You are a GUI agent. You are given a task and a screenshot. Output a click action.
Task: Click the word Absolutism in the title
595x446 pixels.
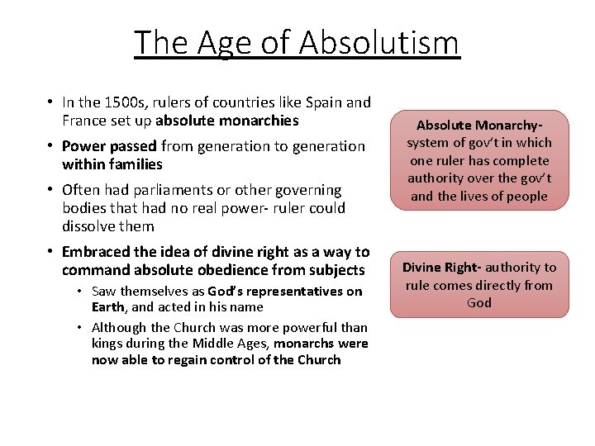379,42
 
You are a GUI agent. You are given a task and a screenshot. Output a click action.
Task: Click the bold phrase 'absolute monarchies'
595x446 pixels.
226,121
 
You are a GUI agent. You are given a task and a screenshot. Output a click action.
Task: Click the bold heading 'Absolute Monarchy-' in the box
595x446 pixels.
479,126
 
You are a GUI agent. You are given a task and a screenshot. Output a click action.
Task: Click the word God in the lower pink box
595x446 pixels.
479,303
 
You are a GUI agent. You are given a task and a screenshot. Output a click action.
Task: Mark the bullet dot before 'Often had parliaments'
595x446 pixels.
50,190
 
